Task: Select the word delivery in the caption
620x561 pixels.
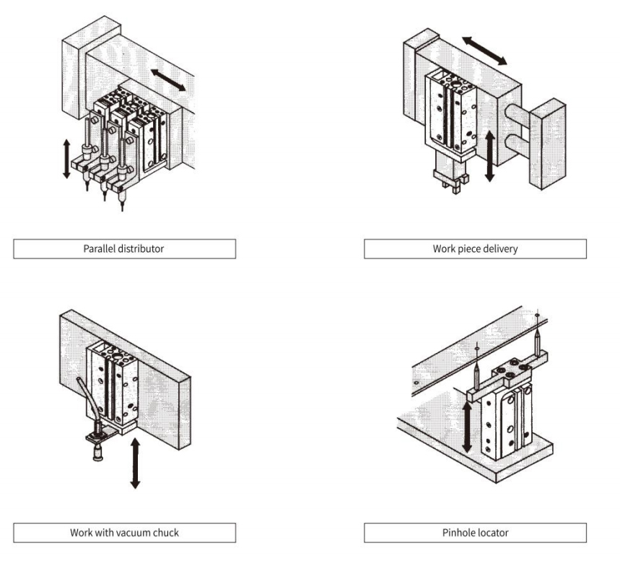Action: (499, 249)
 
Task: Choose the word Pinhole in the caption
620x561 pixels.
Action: (459, 533)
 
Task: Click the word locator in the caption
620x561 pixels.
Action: (496, 533)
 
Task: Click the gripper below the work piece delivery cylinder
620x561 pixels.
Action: (448, 181)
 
